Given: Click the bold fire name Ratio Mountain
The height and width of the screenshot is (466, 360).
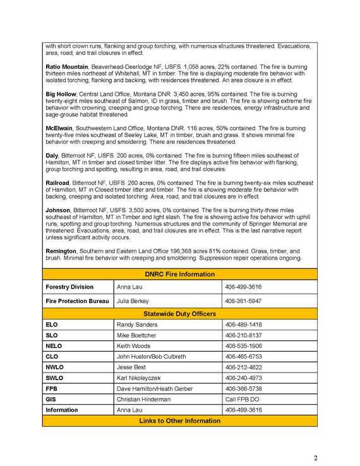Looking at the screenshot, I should (67, 66).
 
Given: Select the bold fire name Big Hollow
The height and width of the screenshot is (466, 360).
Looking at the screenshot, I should (61, 94).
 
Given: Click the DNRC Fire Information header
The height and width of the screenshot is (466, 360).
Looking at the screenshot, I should (180, 274).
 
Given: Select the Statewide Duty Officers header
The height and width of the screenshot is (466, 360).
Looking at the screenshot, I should (180, 314).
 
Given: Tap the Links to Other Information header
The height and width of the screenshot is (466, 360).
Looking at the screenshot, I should (180, 421).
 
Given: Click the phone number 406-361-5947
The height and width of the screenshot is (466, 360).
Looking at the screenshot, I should (243, 301).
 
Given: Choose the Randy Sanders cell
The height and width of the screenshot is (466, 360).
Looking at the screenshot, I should (137, 325).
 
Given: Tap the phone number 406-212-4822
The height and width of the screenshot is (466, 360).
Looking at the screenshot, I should (243, 367).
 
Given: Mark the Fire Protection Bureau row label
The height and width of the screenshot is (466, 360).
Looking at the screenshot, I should (77, 301).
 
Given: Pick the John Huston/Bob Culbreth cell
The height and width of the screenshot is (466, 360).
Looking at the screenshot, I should (152, 357).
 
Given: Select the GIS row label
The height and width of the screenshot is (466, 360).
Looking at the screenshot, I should (51, 399).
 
